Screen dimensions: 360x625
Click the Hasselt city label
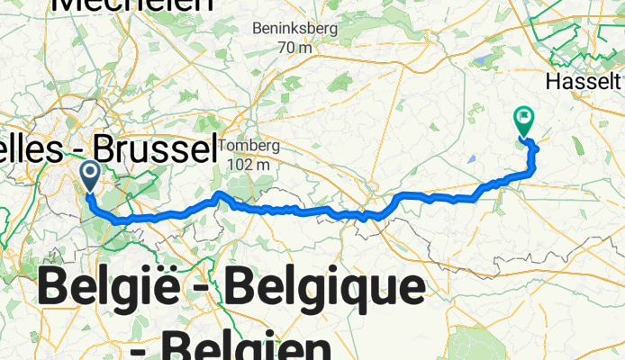[x=583, y=82]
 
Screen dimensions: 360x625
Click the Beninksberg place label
[x=294, y=29]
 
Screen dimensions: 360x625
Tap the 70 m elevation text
[x=294, y=47]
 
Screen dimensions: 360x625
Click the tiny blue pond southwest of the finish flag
[x=473, y=159]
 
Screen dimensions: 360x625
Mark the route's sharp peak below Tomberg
[x=219, y=194]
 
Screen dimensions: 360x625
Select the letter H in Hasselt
[x=553, y=82]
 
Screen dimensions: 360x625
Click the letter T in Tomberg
[x=224, y=147]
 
